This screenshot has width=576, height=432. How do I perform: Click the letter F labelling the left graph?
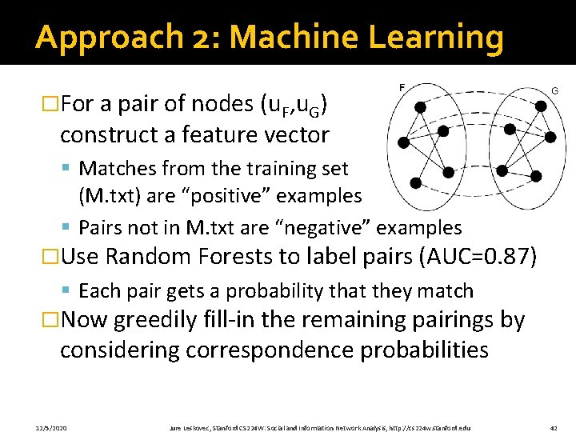pyautogui.click(x=401, y=86)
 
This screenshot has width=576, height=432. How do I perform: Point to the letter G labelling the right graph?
pyautogui.click(x=554, y=91)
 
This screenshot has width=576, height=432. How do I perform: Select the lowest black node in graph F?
pyautogui.click(x=415, y=182)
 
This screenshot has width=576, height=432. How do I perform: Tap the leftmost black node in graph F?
pyautogui.click(x=404, y=143)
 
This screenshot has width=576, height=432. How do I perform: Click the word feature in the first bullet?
pyautogui.click(x=214, y=134)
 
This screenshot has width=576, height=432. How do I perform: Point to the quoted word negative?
pyautogui.click(x=330, y=228)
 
